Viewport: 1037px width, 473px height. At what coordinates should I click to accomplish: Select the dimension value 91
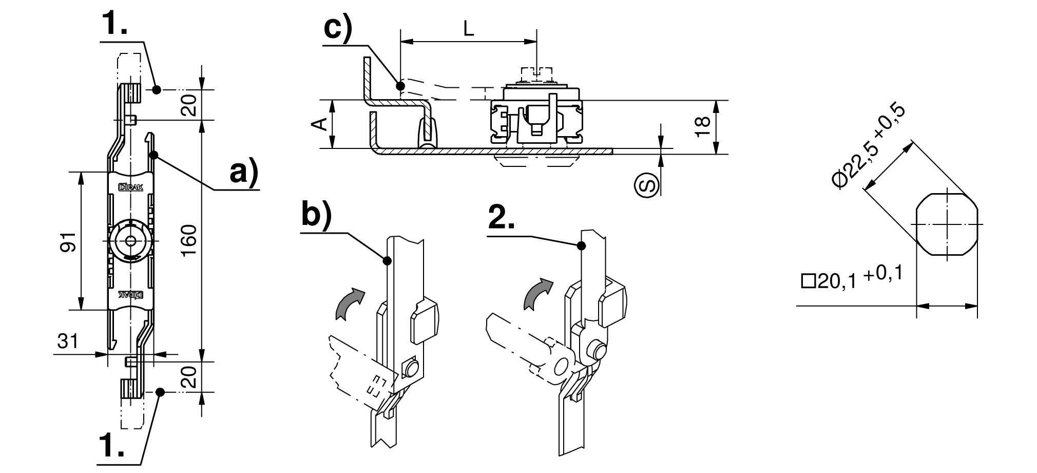pyautogui.click(x=68, y=241)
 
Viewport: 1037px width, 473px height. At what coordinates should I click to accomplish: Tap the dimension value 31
pyautogui.click(x=68, y=341)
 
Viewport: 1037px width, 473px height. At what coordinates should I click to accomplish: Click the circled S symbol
pyautogui.click(x=647, y=184)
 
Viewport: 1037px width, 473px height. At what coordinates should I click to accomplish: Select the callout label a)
pyautogui.click(x=243, y=172)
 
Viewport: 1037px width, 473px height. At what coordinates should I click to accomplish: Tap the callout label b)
pyautogui.click(x=316, y=215)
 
